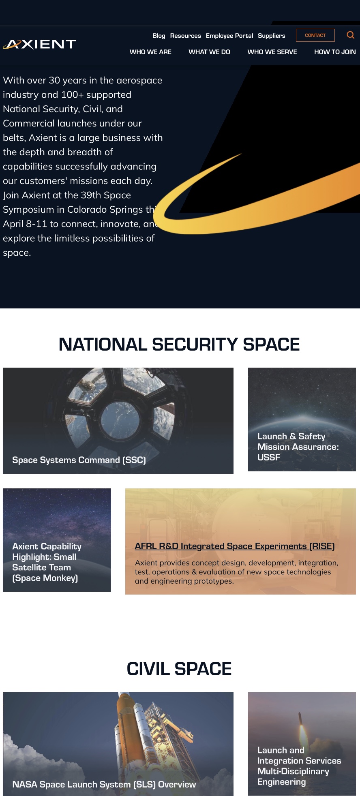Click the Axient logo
39,44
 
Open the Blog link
159,36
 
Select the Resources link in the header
186,36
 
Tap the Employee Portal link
229,36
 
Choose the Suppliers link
272,36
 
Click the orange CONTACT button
315,35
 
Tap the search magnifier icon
351,35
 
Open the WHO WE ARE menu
150,52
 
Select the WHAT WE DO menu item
210,52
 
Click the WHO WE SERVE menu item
272,52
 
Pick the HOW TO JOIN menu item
335,52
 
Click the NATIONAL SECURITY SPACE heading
179,345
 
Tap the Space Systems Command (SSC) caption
79,460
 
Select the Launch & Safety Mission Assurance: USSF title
298,447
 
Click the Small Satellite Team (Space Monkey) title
47,562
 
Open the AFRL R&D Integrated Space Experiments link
235,546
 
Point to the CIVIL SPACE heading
179,669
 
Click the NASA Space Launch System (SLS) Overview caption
104,784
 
